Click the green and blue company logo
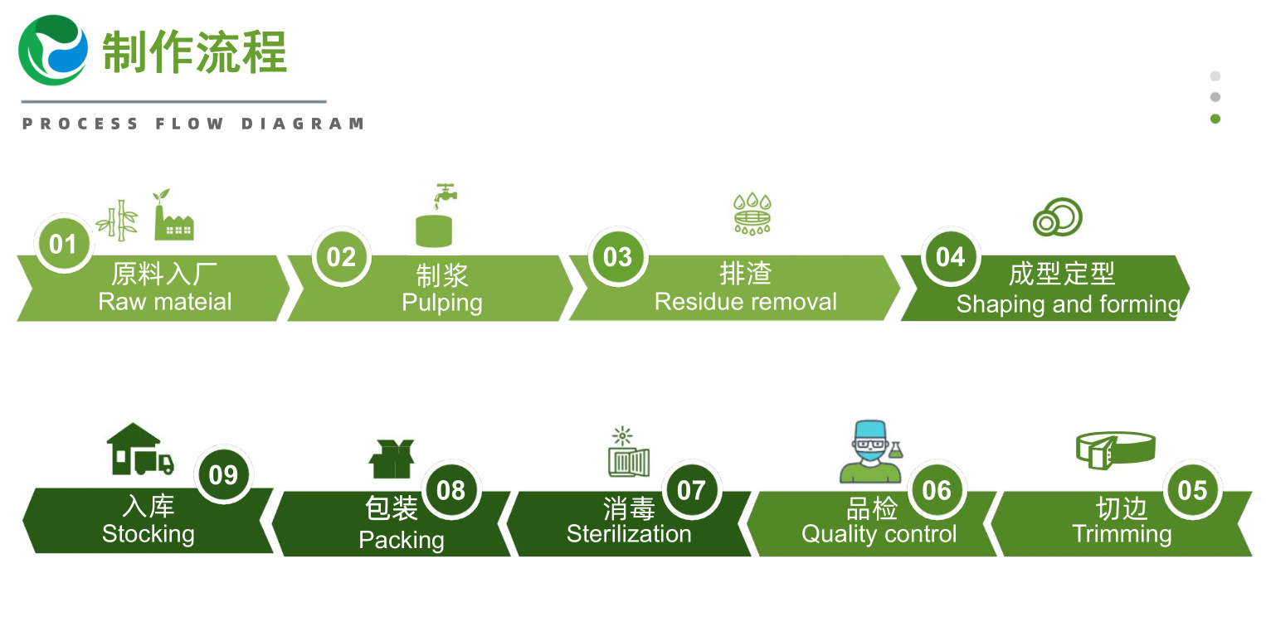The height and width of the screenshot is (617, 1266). click(x=53, y=51)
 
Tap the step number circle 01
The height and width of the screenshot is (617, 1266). click(x=64, y=244)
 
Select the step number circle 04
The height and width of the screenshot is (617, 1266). click(x=951, y=257)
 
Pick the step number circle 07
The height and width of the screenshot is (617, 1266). click(x=691, y=490)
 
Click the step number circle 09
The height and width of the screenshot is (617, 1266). click(x=223, y=474)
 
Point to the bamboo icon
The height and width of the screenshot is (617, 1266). click(x=117, y=221)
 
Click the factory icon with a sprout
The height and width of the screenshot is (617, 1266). click(x=173, y=215)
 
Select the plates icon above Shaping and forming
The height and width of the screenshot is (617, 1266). click(x=1058, y=217)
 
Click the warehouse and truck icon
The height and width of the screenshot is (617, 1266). click(x=140, y=449)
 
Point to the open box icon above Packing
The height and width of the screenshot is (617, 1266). click(x=392, y=459)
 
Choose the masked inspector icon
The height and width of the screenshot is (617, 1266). click(x=871, y=451)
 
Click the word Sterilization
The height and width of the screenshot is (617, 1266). click(x=629, y=534)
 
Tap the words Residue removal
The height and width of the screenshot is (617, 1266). click(x=746, y=302)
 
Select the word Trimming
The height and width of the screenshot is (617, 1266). click(x=1122, y=535)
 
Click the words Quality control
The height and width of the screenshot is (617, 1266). click(x=879, y=535)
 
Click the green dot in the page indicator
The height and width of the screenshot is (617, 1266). click(x=1215, y=119)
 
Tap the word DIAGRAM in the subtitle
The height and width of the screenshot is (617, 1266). click(x=303, y=124)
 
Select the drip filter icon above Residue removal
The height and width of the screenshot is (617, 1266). click(x=752, y=214)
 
